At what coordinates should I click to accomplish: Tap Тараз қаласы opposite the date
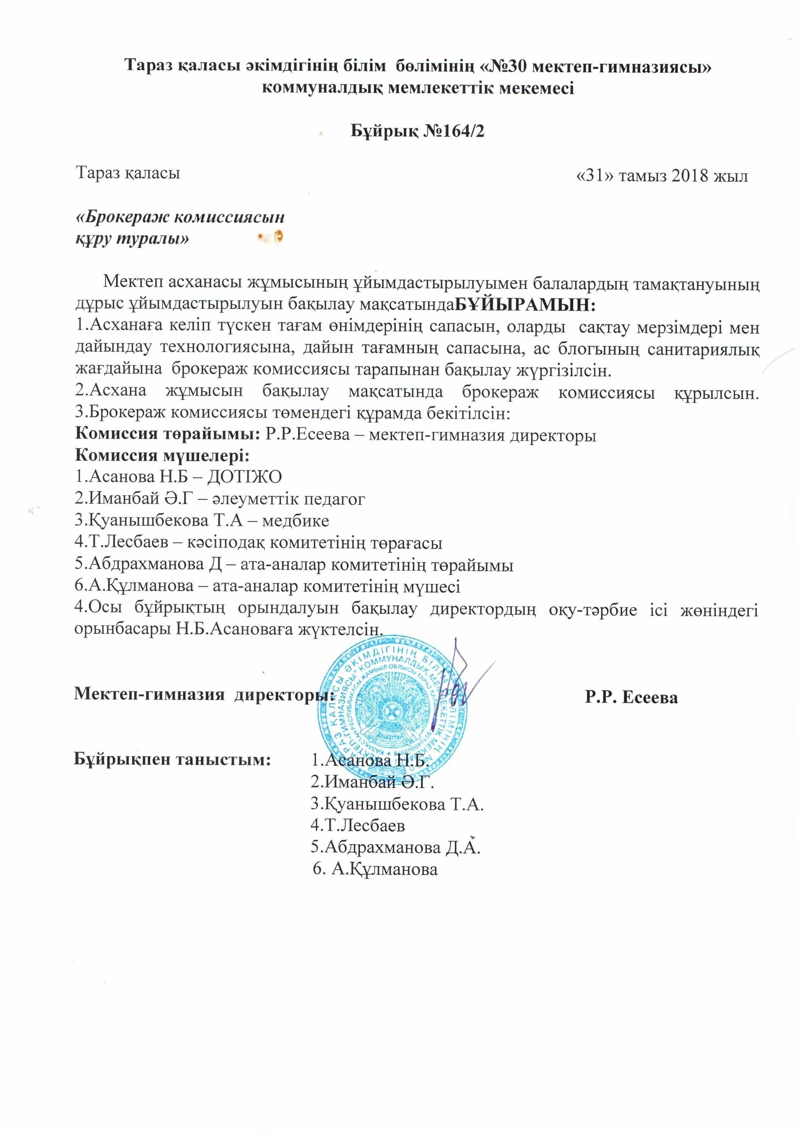coord(128,173)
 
